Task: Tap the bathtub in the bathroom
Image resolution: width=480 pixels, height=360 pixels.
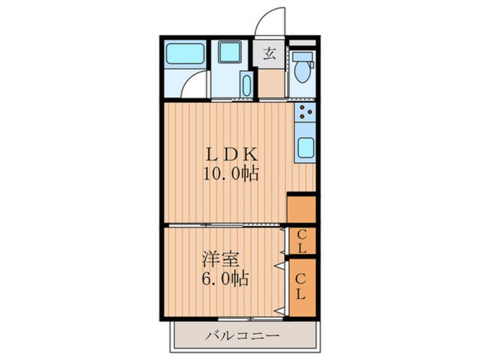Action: pyautogui.click(x=185, y=55)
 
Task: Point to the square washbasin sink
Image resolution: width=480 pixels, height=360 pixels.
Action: pyautogui.click(x=231, y=53)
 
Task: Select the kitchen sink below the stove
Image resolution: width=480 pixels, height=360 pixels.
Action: pyautogui.click(x=306, y=148)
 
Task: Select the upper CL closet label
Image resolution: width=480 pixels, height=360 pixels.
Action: pyautogui.click(x=302, y=241)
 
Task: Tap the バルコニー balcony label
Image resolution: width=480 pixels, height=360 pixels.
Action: pyautogui.click(x=242, y=336)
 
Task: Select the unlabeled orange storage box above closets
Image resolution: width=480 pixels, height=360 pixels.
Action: pyautogui.click(x=301, y=209)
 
